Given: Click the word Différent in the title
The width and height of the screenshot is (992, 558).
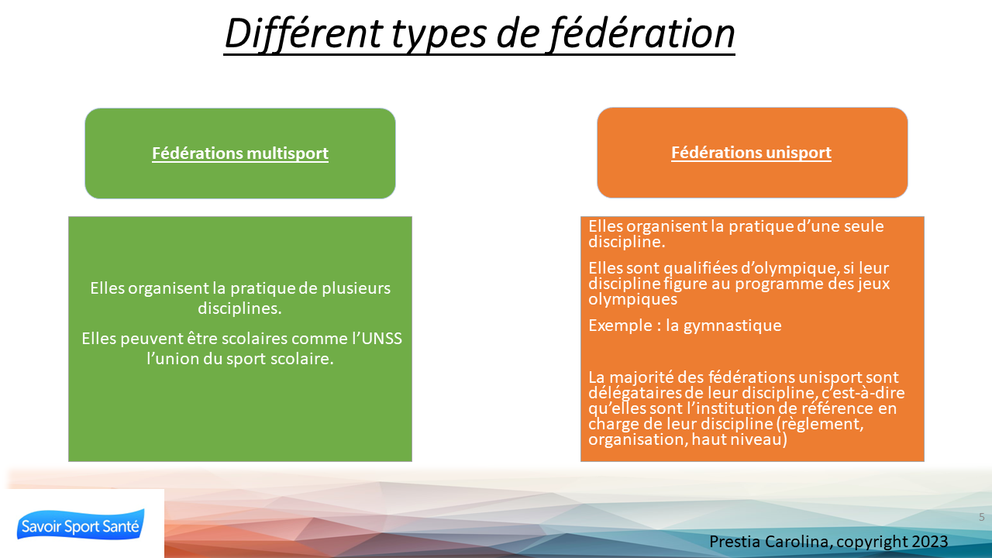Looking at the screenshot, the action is [x=304, y=33].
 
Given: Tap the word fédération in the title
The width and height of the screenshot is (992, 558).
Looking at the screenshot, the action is [x=642, y=33].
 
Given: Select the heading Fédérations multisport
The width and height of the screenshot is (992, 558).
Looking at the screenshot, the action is [x=240, y=153].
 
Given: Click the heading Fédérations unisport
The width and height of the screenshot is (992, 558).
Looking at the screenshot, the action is [x=751, y=153].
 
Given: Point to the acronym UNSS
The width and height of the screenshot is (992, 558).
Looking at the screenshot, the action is [x=382, y=339].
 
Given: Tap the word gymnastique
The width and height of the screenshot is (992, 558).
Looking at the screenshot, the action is [x=732, y=325].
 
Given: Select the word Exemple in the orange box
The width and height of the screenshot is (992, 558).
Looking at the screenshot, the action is [x=620, y=325].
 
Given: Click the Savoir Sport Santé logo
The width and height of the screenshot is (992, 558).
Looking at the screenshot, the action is [x=81, y=525].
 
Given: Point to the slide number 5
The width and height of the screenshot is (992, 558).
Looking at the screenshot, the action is [x=982, y=517].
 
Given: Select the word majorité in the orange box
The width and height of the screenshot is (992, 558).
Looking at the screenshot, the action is [x=642, y=377].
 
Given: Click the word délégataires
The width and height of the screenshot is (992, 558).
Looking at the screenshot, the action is [x=635, y=393].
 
